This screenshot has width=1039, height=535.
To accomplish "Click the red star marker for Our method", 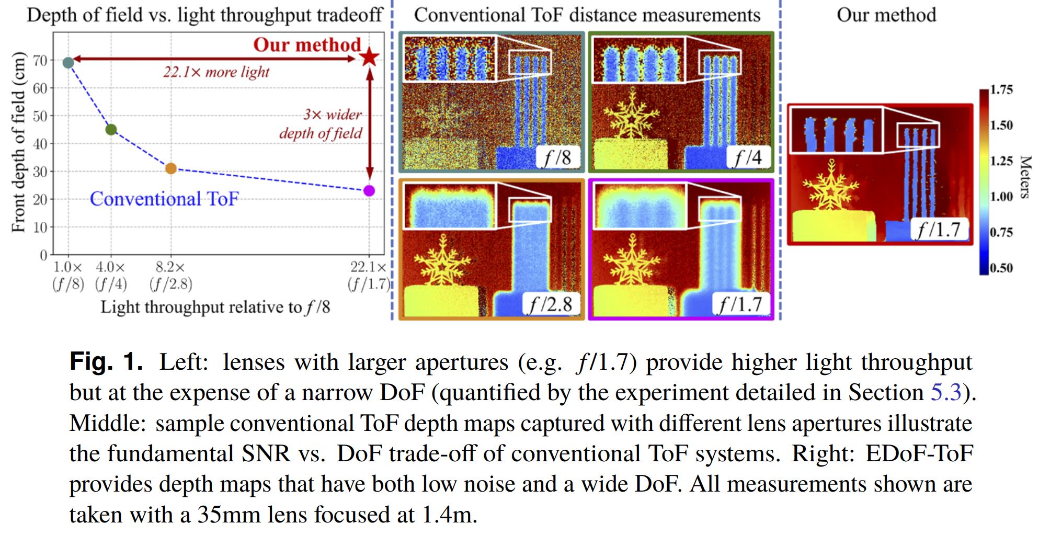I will coord(370,57).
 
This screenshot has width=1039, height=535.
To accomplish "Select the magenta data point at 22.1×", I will coord(369,190).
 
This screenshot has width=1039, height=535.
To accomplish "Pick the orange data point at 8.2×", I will coord(171,168).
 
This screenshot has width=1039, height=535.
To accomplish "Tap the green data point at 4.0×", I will coord(111,129).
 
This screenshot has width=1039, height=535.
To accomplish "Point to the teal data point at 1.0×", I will coord(68,63).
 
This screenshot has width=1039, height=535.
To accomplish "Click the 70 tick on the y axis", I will coord(40,61).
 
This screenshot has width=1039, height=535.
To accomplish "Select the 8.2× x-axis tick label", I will coord(170,267).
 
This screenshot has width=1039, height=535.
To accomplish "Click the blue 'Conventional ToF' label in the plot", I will coord(164,199).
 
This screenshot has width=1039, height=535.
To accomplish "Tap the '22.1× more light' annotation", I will coord(216,72).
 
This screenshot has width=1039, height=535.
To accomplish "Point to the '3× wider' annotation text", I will coord(333,115).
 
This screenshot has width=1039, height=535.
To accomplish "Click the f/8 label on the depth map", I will coord(557,157).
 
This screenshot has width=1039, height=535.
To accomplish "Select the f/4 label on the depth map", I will coord(748,157).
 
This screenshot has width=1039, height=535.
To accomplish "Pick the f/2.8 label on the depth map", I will coord(551,304).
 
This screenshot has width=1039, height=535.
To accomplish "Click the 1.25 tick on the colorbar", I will coord(1001,161).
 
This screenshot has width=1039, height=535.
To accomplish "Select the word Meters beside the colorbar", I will coord(1025,177).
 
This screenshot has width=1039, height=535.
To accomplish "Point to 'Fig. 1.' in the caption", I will coord(106,362).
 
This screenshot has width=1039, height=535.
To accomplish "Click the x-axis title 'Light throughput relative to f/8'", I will coord(215,307).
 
